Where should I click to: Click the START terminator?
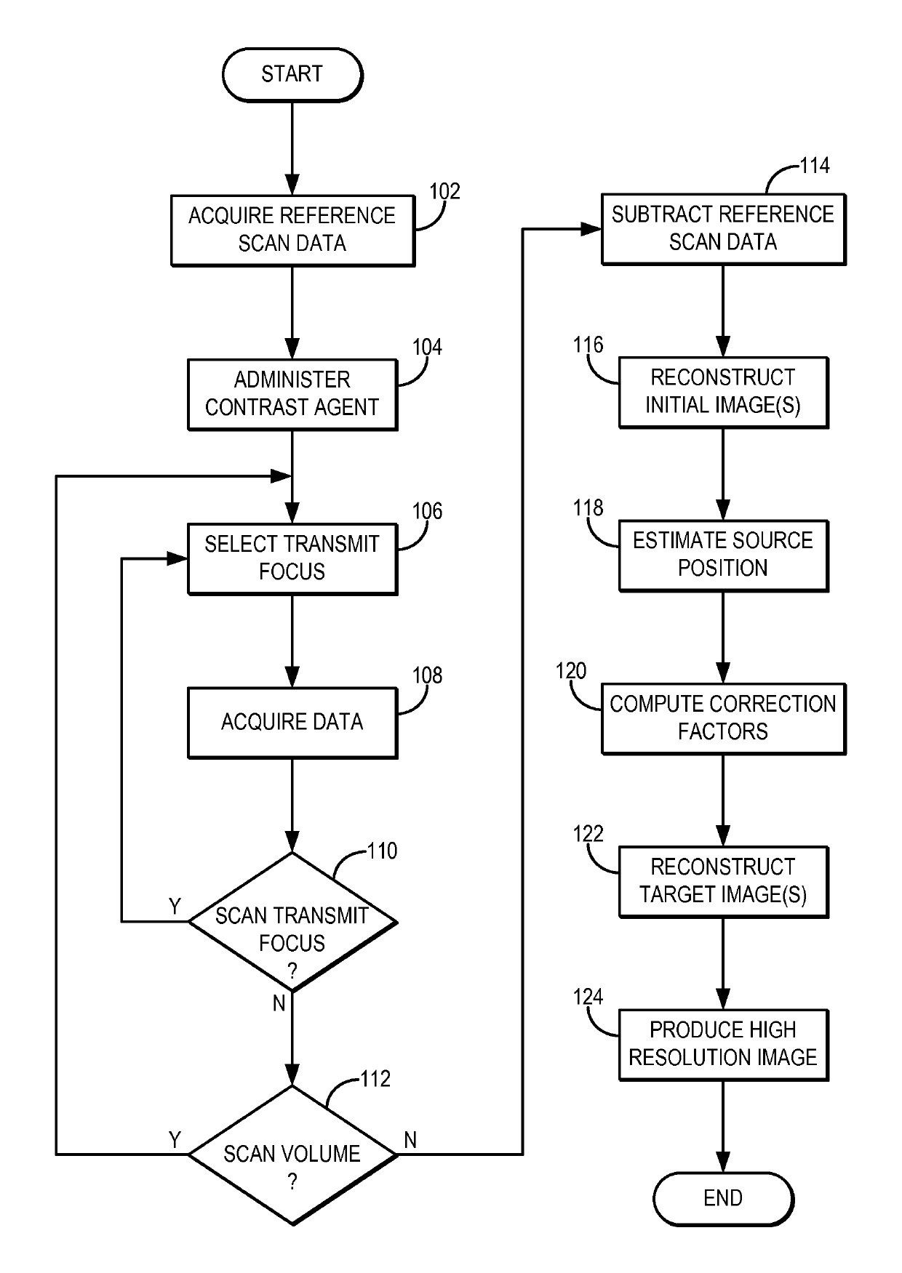click(x=292, y=74)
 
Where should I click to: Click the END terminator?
click(x=723, y=1199)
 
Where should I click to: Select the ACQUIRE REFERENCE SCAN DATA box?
click(x=292, y=230)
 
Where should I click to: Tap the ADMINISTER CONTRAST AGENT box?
click(x=292, y=394)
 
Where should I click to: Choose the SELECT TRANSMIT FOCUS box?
click(x=292, y=558)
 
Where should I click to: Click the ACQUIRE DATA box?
click(x=292, y=723)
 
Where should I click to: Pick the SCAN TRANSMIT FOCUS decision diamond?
click(x=292, y=922)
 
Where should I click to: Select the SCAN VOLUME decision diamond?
click(x=292, y=1154)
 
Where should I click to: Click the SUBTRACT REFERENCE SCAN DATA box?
click(x=723, y=228)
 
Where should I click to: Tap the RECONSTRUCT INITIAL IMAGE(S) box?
click(x=723, y=392)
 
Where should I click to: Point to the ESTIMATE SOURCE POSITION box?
click(x=723, y=555)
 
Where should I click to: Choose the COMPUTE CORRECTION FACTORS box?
click(x=723, y=718)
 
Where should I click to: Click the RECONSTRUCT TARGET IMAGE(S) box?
click(x=723, y=881)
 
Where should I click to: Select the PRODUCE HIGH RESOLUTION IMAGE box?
click(x=723, y=1044)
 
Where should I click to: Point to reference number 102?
click(x=445, y=191)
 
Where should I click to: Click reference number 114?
click(x=815, y=166)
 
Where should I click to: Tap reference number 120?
click(x=571, y=670)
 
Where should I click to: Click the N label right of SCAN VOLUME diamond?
click(x=410, y=1140)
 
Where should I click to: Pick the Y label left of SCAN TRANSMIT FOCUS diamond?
click(x=175, y=907)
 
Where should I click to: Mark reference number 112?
click(x=375, y=1078)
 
